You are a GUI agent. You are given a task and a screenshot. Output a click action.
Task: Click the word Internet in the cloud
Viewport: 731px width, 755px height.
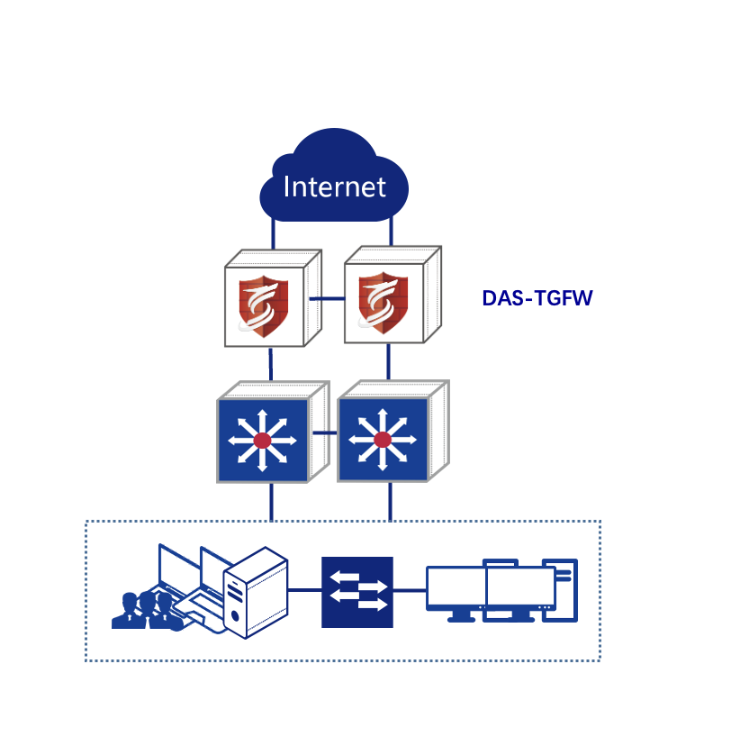(334, 186)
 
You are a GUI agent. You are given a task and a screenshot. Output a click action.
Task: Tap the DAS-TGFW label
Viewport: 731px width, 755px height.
(537, 298)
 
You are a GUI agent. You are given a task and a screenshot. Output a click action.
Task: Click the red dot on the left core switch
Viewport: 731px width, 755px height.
(262, 440)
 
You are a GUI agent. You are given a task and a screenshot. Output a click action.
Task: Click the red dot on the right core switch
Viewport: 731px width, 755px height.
(383, 440)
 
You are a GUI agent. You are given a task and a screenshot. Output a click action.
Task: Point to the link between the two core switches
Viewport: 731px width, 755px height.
(324, 433)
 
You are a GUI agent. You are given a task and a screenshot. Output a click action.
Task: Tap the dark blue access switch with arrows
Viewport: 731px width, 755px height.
(357, 591)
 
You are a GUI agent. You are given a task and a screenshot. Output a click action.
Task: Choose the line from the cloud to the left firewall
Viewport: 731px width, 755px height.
(272, 232)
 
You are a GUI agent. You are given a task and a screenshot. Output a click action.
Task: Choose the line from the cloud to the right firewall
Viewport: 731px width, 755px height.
(390, 231)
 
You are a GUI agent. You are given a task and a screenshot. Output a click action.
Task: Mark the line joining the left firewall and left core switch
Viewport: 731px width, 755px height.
(271, 364)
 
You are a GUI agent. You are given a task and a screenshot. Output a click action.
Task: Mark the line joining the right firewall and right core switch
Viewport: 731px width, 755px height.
(389, 362)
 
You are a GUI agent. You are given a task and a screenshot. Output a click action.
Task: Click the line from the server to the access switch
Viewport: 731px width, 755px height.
(304, 591)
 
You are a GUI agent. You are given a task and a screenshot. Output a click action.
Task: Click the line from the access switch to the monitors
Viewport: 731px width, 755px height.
(410, 591)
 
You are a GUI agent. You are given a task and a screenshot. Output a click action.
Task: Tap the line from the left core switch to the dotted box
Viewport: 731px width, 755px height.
(271, 503)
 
